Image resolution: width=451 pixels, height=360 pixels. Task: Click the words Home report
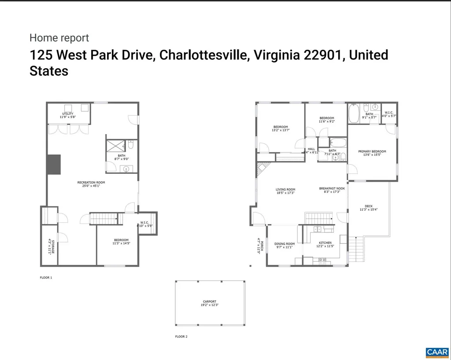[x=59, y=38]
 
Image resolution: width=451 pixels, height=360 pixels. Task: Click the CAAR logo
[x=436, y=352]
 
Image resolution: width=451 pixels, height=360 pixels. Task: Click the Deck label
[x=368, y=207]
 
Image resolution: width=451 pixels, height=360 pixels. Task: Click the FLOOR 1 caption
[x=46, y=278]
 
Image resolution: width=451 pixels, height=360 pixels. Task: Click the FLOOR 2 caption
[x=181, y=337]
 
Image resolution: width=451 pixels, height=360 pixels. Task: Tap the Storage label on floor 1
[x=49, y=246]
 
